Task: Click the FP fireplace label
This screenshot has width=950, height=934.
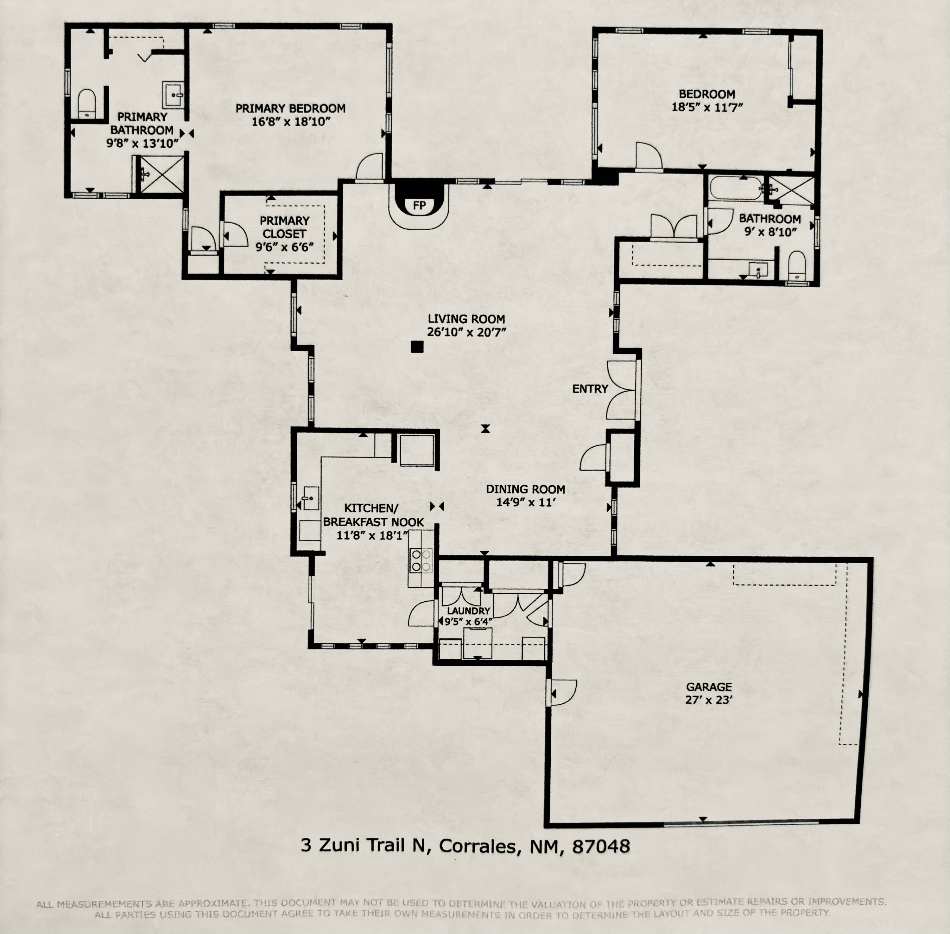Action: [419, 206]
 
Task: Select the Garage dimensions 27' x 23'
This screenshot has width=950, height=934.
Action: [708, 700]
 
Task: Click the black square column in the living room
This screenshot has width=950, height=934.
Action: [417, 347]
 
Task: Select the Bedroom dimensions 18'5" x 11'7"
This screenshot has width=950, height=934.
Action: [706, 107]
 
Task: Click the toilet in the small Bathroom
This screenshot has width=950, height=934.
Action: [796, 266]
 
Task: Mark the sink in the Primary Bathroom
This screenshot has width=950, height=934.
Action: [173, 94]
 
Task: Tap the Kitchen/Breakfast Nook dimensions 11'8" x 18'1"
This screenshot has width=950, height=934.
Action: [372, 535]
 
